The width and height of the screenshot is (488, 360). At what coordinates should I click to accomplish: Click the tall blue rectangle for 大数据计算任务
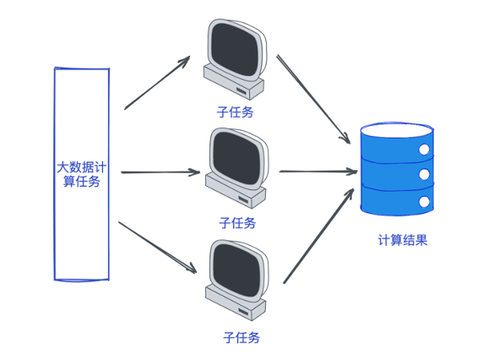pyautogui.click(x=81, y=237)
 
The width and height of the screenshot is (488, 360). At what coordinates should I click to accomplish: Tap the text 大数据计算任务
pyautogui.click(x=81, y=174)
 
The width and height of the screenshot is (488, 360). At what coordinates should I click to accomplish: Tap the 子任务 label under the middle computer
pyautogui.click(x=236, y=223)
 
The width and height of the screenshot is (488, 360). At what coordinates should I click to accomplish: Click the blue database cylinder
pyautogui.click(x=396, y=169)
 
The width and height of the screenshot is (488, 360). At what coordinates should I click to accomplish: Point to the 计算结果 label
pyautogui.click(x=402, y=240)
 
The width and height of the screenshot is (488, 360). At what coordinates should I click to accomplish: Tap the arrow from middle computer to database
pyautogui.click(x=317, y=172)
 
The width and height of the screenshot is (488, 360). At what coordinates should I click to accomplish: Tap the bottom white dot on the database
pyautogui.click(x=423, y=200)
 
